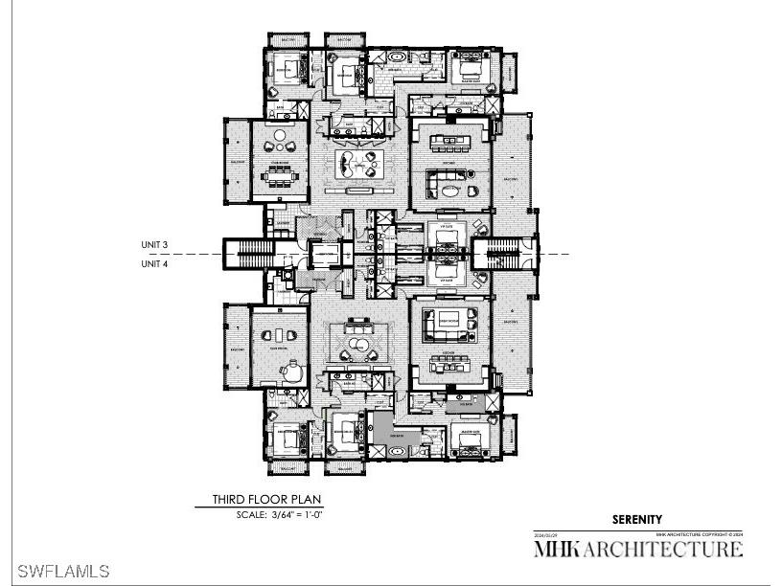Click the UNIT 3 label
coord(155,244)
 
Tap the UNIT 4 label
coord(155,263)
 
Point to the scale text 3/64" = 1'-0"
coord(281,515)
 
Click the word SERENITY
coord(637,519)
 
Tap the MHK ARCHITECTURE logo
coord(637,549)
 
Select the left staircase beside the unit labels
coord(254,254)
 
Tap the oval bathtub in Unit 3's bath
coord(395,58)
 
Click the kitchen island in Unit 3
coord(449,144)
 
